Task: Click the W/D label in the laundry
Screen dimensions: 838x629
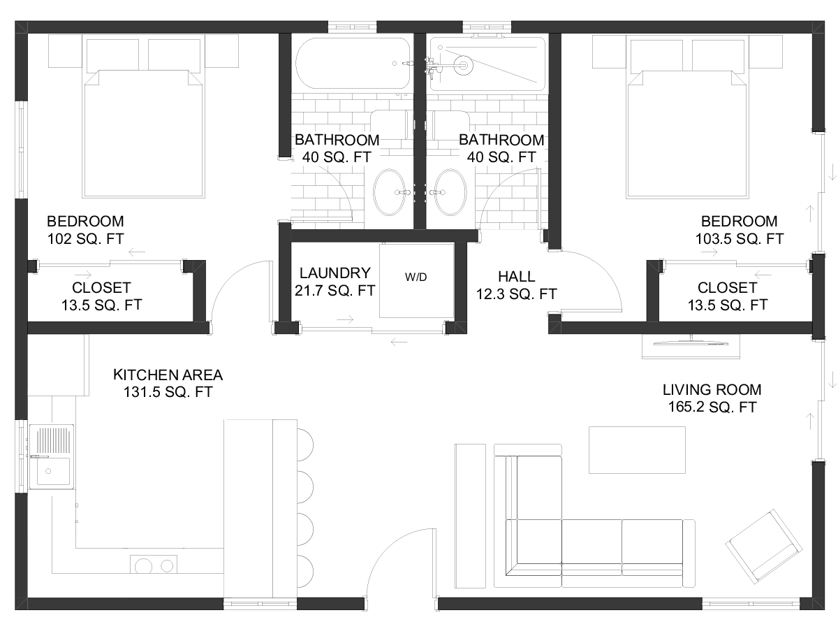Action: click(416, 277)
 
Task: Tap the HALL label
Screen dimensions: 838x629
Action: click(516, 277)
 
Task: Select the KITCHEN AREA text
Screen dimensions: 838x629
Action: click(168, 375)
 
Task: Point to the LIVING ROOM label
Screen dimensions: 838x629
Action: click(712, 390)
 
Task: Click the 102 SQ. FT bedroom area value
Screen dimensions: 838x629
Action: click(85, 239)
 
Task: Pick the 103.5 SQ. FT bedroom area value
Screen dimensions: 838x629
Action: click(739, 239)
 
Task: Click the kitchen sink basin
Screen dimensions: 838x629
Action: click(53, 471)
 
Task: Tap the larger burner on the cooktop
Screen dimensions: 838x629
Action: click(144, 566)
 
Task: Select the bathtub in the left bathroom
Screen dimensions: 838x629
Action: click(353, 64)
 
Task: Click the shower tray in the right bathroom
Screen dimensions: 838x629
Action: click(488, 64)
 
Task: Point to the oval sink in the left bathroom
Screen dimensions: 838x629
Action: click(390, 192)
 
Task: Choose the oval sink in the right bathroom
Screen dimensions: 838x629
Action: click(450, 192)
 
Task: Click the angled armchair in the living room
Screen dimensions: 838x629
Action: click(763, 547)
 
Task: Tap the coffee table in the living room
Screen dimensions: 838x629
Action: click(637, 450)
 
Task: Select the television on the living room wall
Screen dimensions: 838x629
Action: click(691, 342)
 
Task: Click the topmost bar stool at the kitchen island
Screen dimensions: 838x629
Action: click(305, 445)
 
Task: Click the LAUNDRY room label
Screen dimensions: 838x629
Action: click(335, 273)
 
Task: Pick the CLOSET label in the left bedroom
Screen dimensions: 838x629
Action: click(101, 287)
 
